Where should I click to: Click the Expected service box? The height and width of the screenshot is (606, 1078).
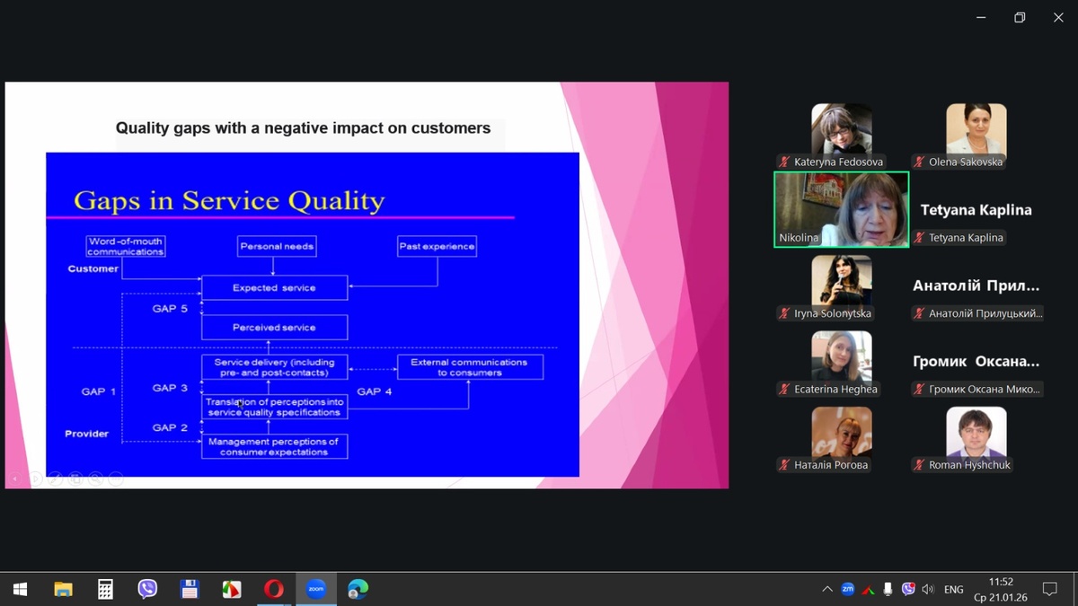274,287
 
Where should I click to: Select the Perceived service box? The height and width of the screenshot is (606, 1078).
274,328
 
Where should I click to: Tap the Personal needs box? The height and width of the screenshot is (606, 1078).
277,246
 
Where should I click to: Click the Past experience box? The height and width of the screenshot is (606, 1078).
437,246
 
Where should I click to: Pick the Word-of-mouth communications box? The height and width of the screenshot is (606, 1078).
126,246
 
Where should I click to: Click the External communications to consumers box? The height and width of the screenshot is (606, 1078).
470,367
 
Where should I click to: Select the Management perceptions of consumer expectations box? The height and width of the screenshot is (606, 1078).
274,446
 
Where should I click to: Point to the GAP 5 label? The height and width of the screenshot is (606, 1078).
170,309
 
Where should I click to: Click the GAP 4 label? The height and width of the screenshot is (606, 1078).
375,391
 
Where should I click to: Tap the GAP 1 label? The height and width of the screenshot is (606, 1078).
99,391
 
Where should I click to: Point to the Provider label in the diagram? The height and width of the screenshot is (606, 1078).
86,434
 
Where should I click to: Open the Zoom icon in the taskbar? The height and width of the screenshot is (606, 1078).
315,589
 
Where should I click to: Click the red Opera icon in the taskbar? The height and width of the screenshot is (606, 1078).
274,589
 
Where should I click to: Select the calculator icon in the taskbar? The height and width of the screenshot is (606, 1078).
105,589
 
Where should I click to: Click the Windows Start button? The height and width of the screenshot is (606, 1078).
20,589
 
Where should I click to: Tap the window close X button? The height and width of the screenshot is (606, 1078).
1058,17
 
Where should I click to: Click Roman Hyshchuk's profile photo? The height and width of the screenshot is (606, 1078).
976,432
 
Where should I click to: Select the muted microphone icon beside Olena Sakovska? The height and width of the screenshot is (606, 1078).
919,162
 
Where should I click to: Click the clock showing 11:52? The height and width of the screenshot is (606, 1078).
1001,582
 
